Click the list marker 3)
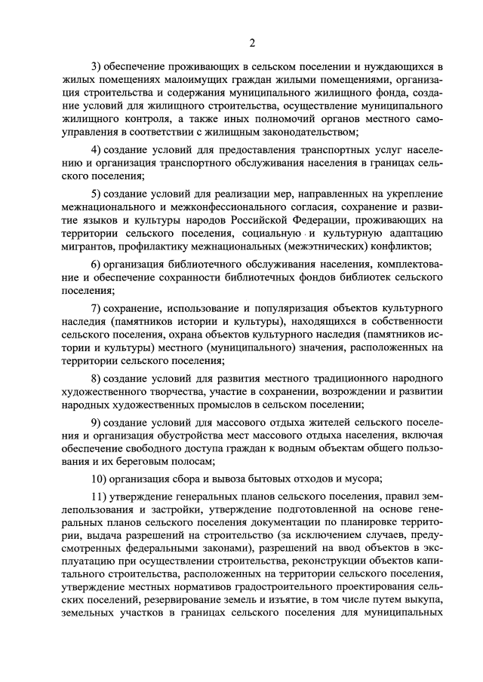(95, 69)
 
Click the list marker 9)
(95, 423)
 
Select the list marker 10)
(98, 479)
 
